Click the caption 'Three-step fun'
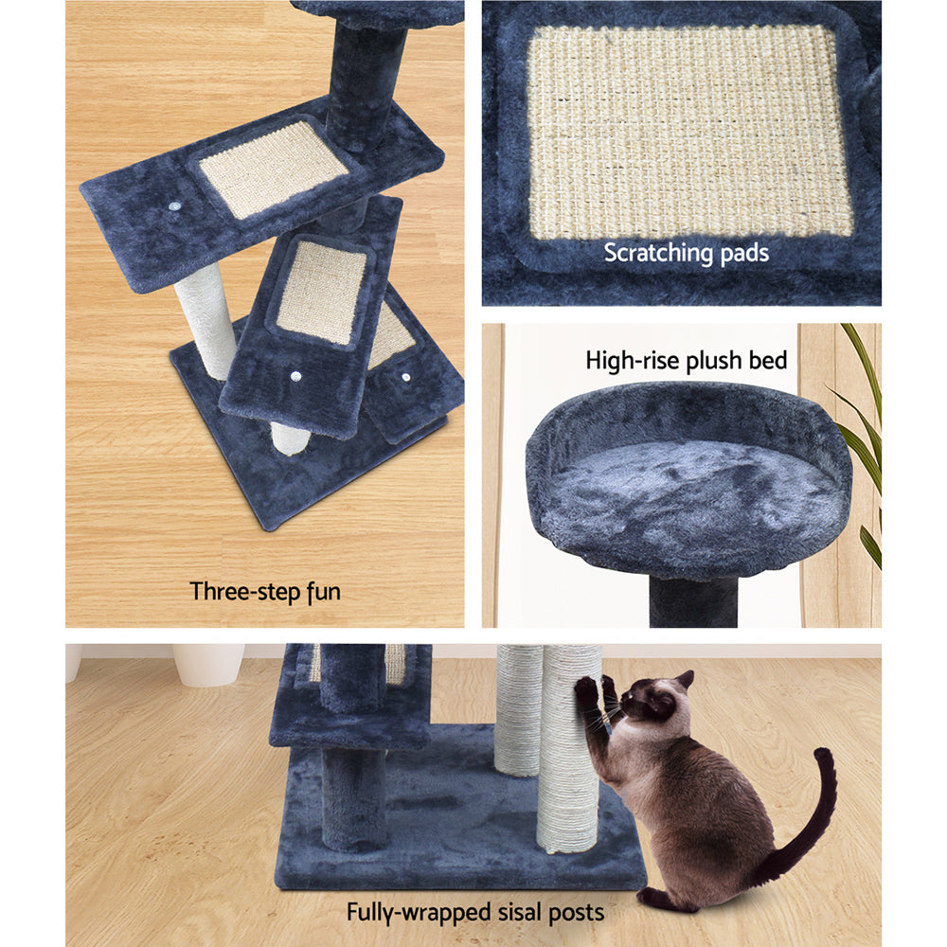(x=265, y=592)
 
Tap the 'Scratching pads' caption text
(x=687, y=253)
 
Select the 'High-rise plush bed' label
(x=687, y=360)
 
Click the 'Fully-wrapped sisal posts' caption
(x=474, y=913)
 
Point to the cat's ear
(x=684, y=680)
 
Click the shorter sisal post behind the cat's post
(x=517, y=710)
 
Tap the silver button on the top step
(x=177, y=205)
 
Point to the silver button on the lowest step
(x=406, y=377)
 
